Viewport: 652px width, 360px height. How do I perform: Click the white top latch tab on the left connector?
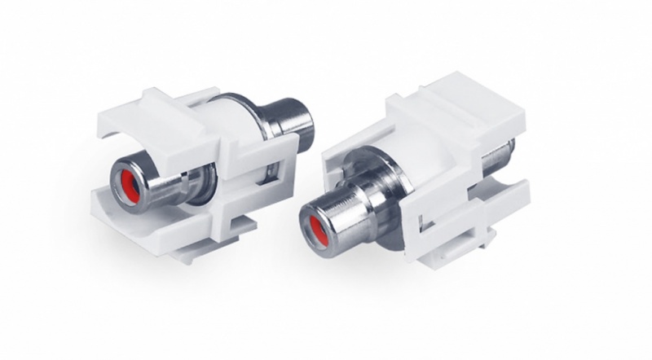(x=155, y=102)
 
